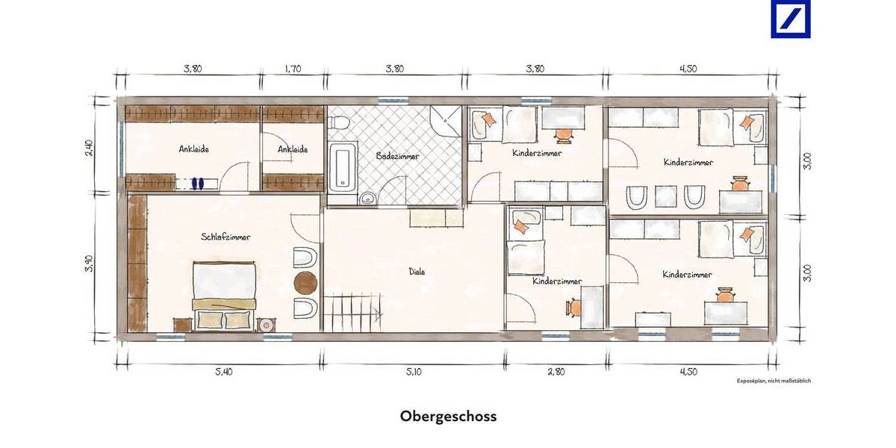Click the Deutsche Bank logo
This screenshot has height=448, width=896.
pos(791,19)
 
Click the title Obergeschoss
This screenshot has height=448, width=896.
pos(448,416)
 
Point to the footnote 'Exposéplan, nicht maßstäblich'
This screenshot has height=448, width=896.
pos(773,381)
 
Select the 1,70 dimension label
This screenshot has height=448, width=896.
pos(293,69)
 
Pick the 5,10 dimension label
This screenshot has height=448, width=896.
pos(415,371)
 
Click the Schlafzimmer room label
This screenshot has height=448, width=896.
pos(225,237)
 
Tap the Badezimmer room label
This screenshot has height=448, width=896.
pos(398,157)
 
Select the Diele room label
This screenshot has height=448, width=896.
pos(417,272)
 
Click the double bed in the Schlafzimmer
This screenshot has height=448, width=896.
pos(224,293)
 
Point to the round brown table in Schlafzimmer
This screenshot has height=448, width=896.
pos(306,283)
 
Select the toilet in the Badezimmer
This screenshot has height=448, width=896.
pos(338,121)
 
